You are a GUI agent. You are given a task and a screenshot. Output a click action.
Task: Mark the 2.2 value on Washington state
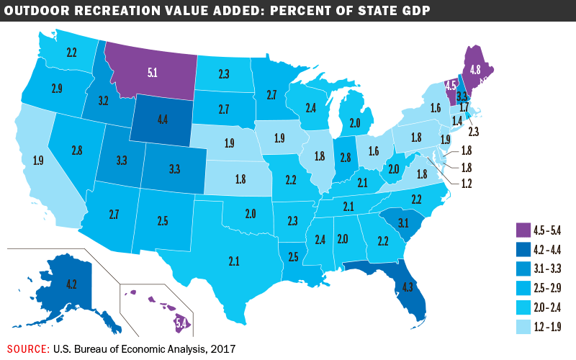pos(71,52)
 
